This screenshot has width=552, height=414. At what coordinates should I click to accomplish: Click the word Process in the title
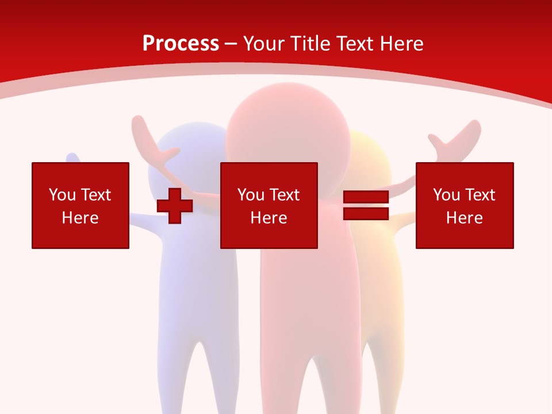(x=181, y=44)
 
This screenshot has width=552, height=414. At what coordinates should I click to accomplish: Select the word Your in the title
(x=265, y=44)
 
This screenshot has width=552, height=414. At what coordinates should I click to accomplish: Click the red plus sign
(x=175, y=205)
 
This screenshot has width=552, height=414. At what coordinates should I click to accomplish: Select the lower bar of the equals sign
(x=366, y=213)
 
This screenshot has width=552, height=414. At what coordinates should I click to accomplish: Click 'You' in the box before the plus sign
(x=63, y=195)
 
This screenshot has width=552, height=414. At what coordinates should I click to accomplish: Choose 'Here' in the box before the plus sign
(x=80, y=218)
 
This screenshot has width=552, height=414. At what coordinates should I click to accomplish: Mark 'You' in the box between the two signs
(x=251, y=195)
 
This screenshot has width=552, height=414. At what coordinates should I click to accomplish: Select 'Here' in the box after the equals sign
(x=464, y=218)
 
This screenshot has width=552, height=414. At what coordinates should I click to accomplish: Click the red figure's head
(x=287, y=129)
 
